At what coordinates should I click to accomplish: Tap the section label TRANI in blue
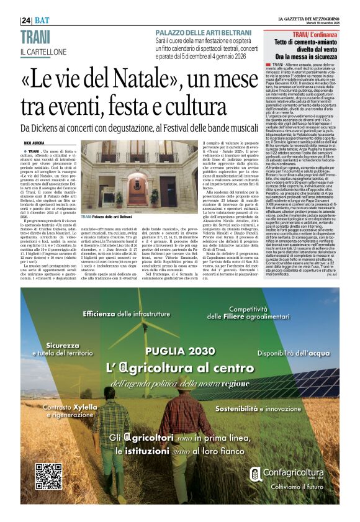click(x=35, y=37)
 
